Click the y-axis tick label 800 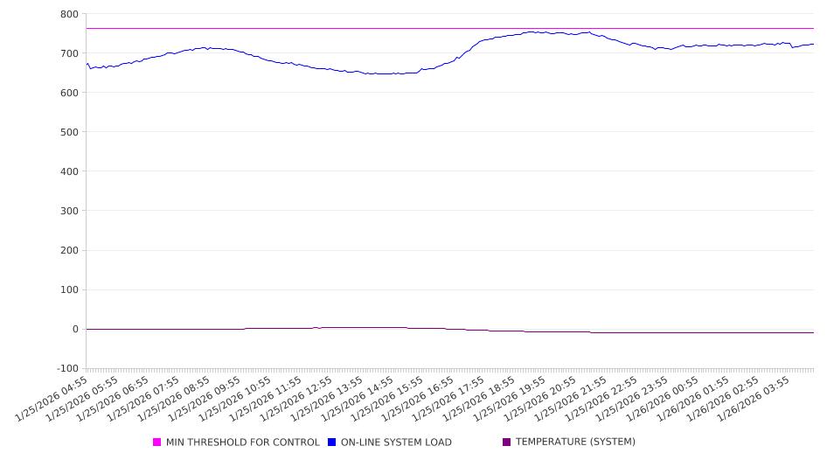click(x=69, y=14)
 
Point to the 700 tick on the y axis click(x=69, y=53)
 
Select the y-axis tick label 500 click(x=69, y=132)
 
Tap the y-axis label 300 click(x=69, y=211)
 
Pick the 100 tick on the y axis click(x=69, y=290)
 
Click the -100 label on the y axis click(x=66, y=369)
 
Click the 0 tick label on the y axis click(x=74, y=330)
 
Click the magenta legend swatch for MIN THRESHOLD click(x=157, y=443)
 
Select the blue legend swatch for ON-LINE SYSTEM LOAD click(x=332, y=443)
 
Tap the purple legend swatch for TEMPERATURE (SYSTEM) click(x=507, y=443)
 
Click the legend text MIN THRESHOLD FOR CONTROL click(x=242, y=443)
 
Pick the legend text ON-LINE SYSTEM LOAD click(x=396, y=443)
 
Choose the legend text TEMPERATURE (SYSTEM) click(x=575, y=443)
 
